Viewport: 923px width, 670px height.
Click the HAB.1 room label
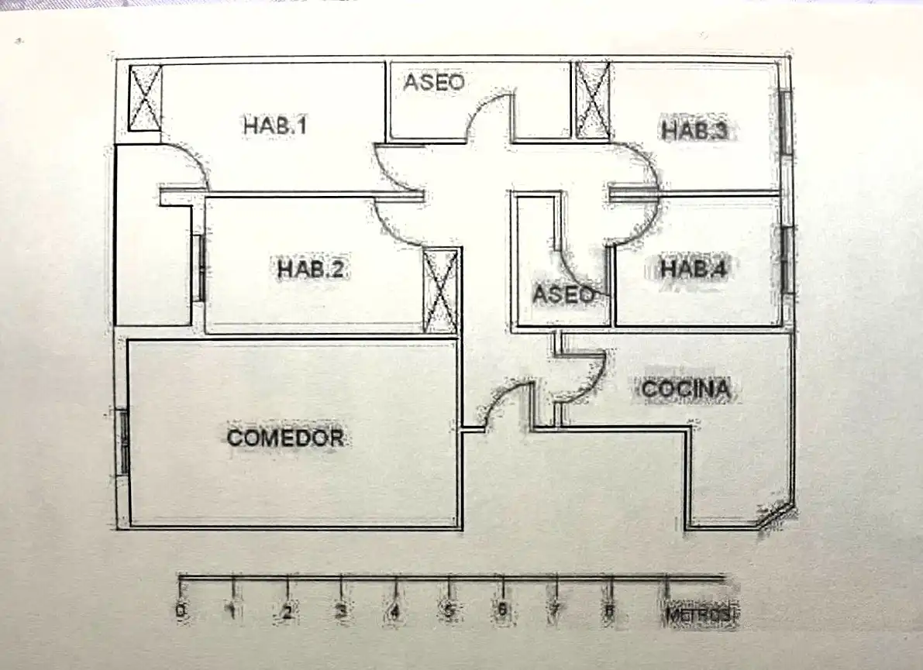point(275,125)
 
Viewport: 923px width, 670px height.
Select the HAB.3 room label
point(694,130)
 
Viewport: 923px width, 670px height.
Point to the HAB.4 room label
point(694,268)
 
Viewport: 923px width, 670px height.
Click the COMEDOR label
point(285,437)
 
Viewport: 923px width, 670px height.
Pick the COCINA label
point(686,389)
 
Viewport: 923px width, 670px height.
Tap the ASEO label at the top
point(434,82)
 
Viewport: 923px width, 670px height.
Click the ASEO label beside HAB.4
point(563,294)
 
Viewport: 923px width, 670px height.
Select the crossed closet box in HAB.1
point(145,97)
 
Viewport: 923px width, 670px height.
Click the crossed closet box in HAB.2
point(441,290)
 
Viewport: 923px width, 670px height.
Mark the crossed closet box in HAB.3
point(593,100)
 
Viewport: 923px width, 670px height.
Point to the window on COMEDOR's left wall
point(124,442)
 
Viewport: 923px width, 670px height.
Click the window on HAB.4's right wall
point(787,260)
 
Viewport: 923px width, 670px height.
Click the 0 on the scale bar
point(181,610)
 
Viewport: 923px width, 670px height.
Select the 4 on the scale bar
point(395,612)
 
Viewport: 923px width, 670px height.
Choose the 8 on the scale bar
point(610,611)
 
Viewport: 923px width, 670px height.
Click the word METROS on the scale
point(701,615)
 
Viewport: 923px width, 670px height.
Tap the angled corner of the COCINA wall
point(773,517)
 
